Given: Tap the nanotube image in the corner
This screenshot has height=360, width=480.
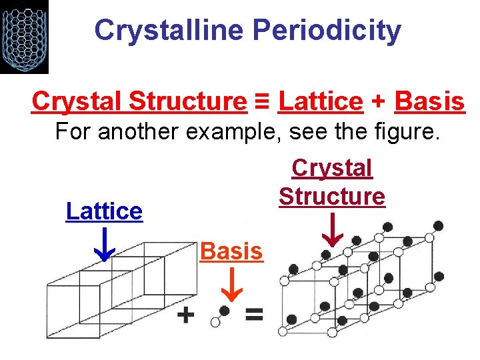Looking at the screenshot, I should [24, 37].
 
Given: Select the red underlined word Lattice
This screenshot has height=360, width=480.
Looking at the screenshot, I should [320, 101].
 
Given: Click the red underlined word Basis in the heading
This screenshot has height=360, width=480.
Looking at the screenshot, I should [429, 101].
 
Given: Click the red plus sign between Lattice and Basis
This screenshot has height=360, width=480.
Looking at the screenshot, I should [378, 102].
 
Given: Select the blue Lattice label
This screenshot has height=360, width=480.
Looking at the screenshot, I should [104, 211].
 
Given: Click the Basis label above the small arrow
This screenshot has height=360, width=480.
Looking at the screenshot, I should [231, 251].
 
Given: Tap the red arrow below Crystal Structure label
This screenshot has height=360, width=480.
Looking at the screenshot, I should [332, 231].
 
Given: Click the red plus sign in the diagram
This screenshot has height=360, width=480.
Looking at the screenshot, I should [187, 315].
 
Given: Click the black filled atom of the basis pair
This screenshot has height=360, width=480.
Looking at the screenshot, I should [225, 311].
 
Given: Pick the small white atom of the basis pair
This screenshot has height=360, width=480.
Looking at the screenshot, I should [215, 322].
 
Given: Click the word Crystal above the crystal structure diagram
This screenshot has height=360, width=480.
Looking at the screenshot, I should [332, 168].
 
